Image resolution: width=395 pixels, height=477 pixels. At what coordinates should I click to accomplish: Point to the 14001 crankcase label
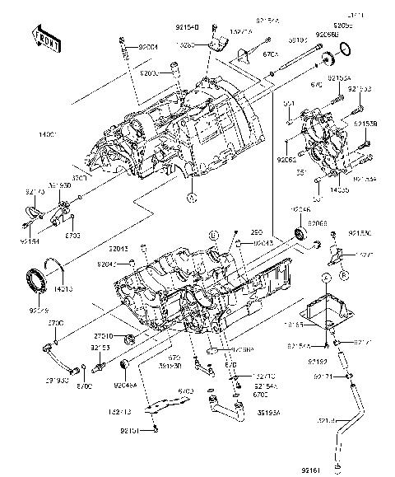(x=23, y=133)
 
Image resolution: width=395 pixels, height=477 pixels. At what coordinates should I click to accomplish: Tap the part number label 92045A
(x=126, y=384)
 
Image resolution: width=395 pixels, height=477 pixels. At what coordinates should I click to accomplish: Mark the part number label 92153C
(x=360, y=233)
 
